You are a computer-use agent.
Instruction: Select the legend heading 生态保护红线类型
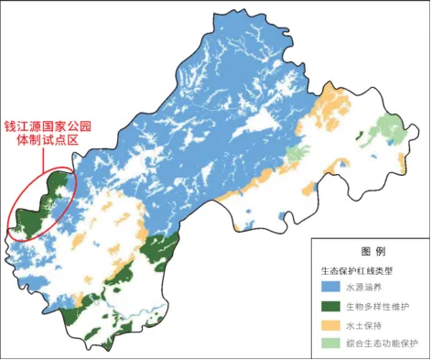360,271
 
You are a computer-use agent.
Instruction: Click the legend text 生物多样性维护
377,307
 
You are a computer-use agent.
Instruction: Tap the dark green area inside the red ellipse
32,211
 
